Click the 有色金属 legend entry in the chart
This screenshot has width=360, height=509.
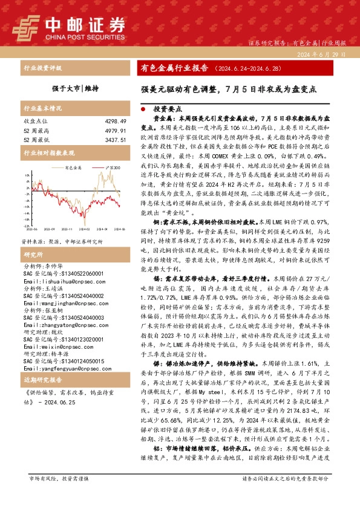click(x=74, y=167)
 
